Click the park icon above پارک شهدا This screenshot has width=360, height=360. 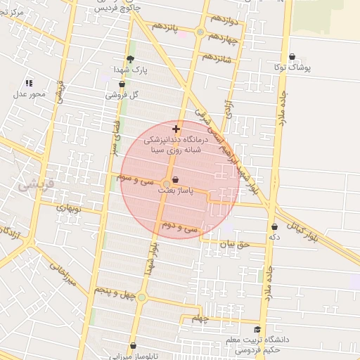coord(130,59)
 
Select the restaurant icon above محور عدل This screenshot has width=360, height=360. coord(29,83)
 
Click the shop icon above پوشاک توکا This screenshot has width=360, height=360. coord(292,57)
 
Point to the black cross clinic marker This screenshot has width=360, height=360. coord(176,129)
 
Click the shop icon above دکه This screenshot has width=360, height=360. coord(274,227)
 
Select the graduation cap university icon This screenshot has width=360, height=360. coord(257,329)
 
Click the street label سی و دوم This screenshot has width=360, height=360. coord(181,228)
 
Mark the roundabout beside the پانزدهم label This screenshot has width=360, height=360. coord(200,32)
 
